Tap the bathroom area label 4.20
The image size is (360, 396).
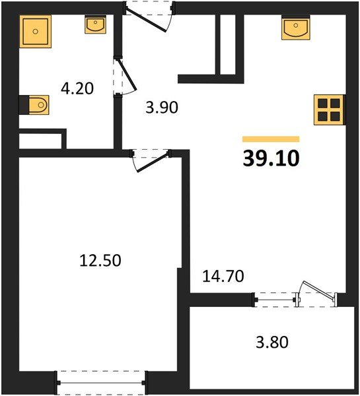click(x=77, y=87)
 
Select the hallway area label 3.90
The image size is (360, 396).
click(x=162, y=107)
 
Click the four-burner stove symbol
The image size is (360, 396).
click(x=328, y=109)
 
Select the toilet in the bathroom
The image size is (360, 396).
click(x=37, y=104)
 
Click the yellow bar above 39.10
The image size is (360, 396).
click(x=271, y=139)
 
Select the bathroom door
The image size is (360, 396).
click(x=121, y=77)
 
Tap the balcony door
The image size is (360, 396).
click(x=316, y=294)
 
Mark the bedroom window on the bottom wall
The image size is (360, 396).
click(x=101, y=381)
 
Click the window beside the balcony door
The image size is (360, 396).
click(x=274, y=300)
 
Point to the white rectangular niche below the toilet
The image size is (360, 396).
click(x=40, y=141)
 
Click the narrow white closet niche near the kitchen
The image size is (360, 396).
click(x=227, y=43)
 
